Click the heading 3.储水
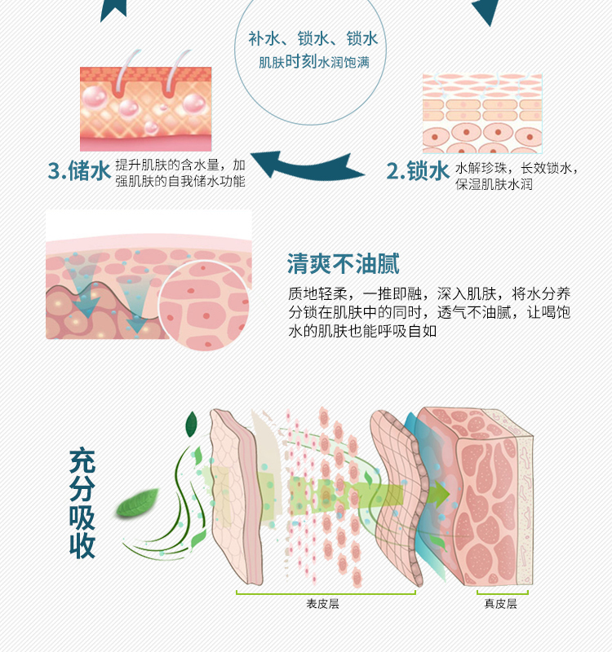(x=79, y=171)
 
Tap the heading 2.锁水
(x=417, y=171)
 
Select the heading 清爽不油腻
(x=343, y=264)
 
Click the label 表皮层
(x=322, y=604)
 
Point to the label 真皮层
(x=500, y=604)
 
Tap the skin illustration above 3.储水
(x=145, y=109)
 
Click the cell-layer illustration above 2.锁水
(x=481, y=114)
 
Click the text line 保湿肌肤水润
(x=494, y=185)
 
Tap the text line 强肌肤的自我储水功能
(x=180, y=181)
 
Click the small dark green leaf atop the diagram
(x=192, y=424)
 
